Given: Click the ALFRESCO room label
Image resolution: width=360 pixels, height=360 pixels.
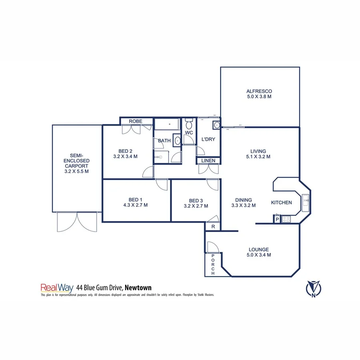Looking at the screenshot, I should pos(260,91).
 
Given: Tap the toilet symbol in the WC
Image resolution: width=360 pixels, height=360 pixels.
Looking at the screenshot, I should pos(189,121).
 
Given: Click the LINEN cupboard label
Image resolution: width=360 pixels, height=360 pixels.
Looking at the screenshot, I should pos(208,161).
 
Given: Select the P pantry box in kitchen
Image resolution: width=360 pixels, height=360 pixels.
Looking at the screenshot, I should pos(277,219).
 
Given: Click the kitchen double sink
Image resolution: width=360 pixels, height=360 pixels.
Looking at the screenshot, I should pos(306,200).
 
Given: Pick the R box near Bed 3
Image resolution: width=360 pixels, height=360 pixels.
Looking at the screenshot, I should pos(213,226).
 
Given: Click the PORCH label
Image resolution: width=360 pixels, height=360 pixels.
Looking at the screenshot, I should pos(213,265).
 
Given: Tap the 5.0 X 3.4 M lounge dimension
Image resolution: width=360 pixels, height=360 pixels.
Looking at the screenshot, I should pos(258,255).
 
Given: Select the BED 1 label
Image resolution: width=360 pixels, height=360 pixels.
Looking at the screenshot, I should pos(135,200).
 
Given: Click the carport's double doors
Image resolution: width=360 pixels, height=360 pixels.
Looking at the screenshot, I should pos(77,222).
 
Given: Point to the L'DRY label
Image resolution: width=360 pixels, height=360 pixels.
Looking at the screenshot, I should pos(208,140).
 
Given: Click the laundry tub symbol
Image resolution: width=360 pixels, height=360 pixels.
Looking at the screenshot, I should pos(216,125).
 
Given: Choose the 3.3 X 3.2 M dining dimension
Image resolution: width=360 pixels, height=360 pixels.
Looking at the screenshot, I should pos(243,206).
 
